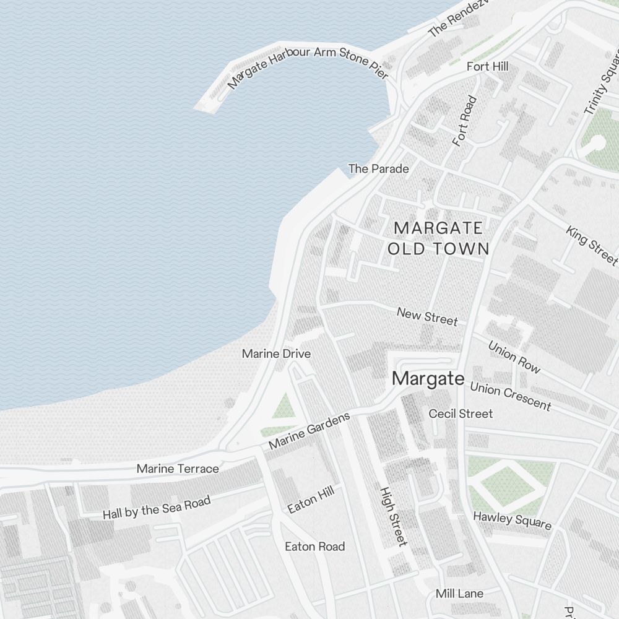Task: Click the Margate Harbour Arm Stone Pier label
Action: click(x=308, y=66)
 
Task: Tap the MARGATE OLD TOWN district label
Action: click(x=438, y=238)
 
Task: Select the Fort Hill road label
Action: click(x=487, y=66)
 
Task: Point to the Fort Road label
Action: click(x=465, y=121)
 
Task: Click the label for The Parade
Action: click(x=378, y=168)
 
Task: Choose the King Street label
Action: click(x=591, y=244)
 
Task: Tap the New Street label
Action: click(x=427, y=316)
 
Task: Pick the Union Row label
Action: click(x=514, y=357)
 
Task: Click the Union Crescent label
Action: click(x=510, y=396)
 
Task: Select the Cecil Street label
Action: click(x=461, y=413)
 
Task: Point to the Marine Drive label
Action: click(x=276, y=354)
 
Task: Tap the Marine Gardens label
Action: click(x=309, y=431)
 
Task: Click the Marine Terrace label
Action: click(x=178, y=469)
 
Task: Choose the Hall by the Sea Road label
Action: click(x=157, y=507)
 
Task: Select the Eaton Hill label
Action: click(x=311, y=500)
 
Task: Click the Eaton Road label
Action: click(x=314, y=547)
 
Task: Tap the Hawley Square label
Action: click(x=512, y=520)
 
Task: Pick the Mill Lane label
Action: click(x=459, y=594)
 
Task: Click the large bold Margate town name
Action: click(x=428, y=378)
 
